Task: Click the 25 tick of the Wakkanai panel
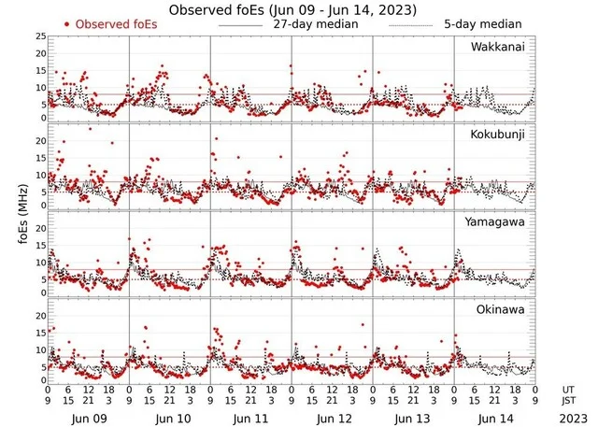(39, 36)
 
